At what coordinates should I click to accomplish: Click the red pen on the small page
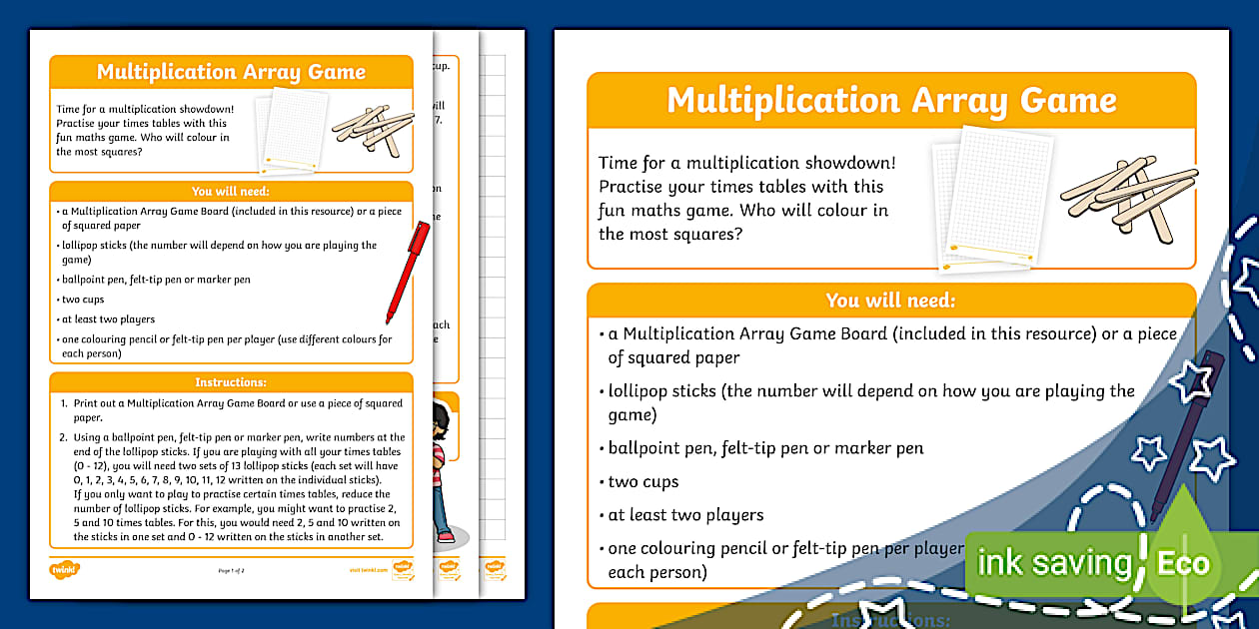pyautogui.click(x=408, y=272)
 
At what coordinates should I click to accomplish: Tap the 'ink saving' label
pyautogui.click(x=1053, y=563)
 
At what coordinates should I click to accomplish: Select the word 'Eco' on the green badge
pyautogui.click(x=1183, y=563)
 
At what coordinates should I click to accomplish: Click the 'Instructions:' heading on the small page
pyautogui.click(x=231, y=382)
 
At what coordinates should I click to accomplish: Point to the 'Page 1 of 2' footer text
pyautogui.click(x=231, y=570)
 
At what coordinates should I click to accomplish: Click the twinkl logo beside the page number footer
pyautogui.click(x=64, y=569)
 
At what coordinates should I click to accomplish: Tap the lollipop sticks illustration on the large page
pyautogui.click(x=1129, y=196)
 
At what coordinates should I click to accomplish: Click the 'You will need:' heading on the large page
pyautogui.click(x=890, y=301)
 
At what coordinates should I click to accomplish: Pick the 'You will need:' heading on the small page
pyautogui.click(x=231, y=192)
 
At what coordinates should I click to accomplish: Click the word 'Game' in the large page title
pyautogui.click(x=1068, y=101)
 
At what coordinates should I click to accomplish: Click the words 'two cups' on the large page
pyautogui.click(x=643, y=482)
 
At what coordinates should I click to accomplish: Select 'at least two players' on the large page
pyautogui.click(x=685, y=515)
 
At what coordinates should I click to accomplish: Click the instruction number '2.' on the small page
pyautogui.click(x=63, y=437)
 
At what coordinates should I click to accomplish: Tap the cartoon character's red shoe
pyautogui.click(x=446, y=537)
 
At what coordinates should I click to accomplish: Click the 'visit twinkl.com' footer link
pyautogui.click(x=367, y=570)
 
